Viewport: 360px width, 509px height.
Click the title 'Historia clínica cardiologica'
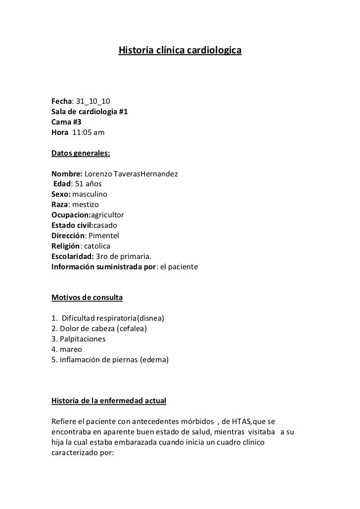tap(180, 50)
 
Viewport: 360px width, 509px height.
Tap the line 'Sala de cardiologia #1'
tap(90, 112)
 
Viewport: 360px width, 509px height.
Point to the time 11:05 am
tap(89, 132)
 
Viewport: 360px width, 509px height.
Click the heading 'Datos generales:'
tap(81, 153)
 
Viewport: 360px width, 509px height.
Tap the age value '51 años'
tap(88, 184)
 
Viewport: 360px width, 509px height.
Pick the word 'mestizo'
tap(86, 205)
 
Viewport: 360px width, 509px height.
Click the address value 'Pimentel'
tap(104, 236)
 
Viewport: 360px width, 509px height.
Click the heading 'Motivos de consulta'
tap(87, 298)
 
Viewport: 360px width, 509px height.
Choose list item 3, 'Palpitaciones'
tap(82, 339)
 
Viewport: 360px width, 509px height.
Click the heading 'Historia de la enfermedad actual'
tap(109, 401)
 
